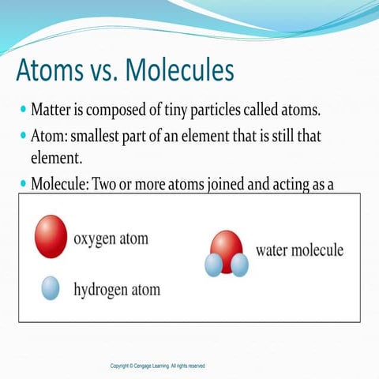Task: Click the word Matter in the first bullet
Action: click(54, 108)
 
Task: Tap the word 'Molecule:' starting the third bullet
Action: click(60, 185)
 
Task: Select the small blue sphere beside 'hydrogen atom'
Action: click(51, 288)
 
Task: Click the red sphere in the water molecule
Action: click(227, 249)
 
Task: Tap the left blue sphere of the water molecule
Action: click(213, 265)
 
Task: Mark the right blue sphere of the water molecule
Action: click(239, 265)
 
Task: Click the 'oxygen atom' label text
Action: click(111, 237)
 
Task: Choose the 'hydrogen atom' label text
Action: click(117, 290)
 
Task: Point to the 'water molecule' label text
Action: click(299, 251)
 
